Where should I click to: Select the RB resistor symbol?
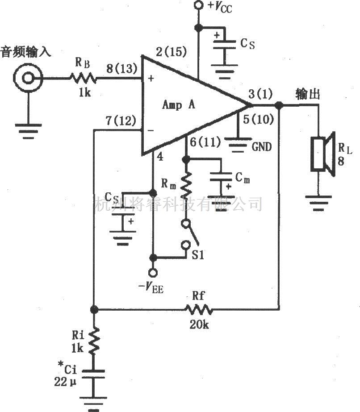(x=83, y=79)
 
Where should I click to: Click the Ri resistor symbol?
(x=94, y=341)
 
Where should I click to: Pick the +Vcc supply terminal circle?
(x=198, y=6)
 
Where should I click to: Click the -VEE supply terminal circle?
(x=153, y=272)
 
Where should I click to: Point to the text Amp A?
(x=179, y=105)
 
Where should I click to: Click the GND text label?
(x=261, y=146)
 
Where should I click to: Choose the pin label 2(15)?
(x=171, y=52)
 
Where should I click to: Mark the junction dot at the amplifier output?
(x=279, y=105)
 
